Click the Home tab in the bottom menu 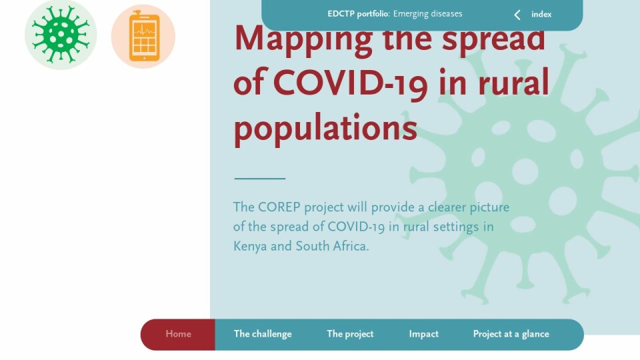178,334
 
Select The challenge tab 263,334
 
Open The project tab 350,334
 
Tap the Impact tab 424,334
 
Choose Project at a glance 511,334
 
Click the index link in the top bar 541,14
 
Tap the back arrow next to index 517,15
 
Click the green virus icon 61,35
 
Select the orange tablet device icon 143,36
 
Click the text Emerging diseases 428,14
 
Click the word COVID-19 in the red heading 350,83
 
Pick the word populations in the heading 325,128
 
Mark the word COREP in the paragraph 279,207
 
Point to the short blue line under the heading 259,179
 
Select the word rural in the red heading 513,83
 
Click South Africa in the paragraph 331,246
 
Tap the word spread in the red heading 493,39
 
